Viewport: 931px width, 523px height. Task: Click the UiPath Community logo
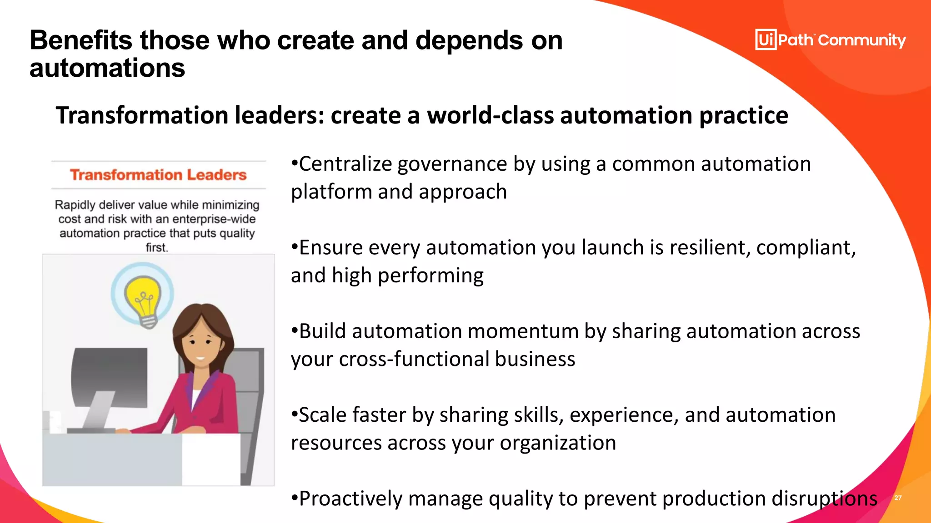(830, 40)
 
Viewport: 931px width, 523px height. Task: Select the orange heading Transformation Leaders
(158, 175)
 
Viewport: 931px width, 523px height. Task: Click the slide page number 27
(898, 498)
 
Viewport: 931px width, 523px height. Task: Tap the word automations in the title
(107, 68)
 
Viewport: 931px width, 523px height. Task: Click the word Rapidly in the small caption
(75, 205)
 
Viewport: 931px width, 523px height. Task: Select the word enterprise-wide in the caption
(214, 219)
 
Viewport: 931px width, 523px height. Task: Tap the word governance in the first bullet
(452, 164)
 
